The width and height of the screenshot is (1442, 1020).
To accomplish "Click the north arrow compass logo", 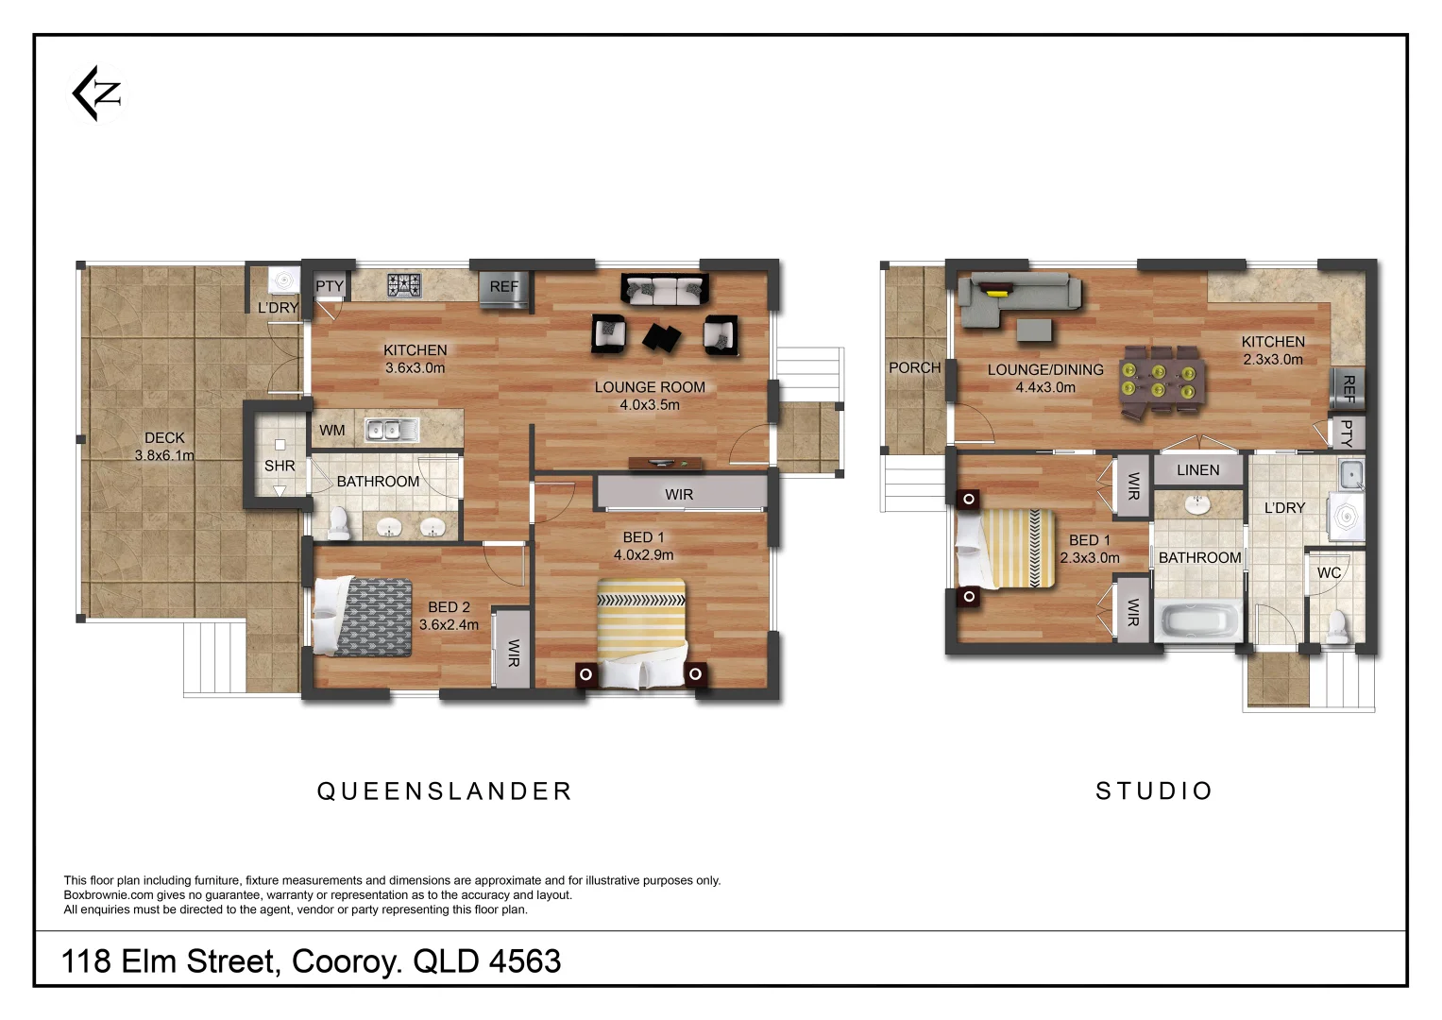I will (x=98, y=93).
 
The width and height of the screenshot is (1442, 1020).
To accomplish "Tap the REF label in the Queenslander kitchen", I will (x=503, y=287).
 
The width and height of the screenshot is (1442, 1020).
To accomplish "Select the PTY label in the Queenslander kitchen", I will (x=330, y=286).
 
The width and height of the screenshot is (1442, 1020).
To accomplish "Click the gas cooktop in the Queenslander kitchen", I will (x=405, y=284).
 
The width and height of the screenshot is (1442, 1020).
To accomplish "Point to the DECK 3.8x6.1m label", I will (x=164, y=447).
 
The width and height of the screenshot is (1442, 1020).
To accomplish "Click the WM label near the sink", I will (x=332, y=431).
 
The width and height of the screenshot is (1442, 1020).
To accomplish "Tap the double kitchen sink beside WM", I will (x=392, y=431).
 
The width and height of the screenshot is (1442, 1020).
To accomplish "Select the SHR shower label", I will (x=280, y=466).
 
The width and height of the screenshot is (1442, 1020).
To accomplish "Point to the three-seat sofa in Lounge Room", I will (x=664, y=290).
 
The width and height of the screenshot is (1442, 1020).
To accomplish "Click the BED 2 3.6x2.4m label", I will (x=449, y=616).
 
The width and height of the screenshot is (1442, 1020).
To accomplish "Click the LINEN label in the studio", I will (x=1197, y=470).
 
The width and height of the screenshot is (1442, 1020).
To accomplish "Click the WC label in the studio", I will (x=1329, y=573).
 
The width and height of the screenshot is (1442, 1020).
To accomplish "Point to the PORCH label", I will (x=914, y=368).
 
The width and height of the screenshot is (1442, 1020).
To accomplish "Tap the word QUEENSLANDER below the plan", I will (x=444, y=791).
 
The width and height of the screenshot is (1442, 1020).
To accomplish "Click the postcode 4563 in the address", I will (x=525, y=961).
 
